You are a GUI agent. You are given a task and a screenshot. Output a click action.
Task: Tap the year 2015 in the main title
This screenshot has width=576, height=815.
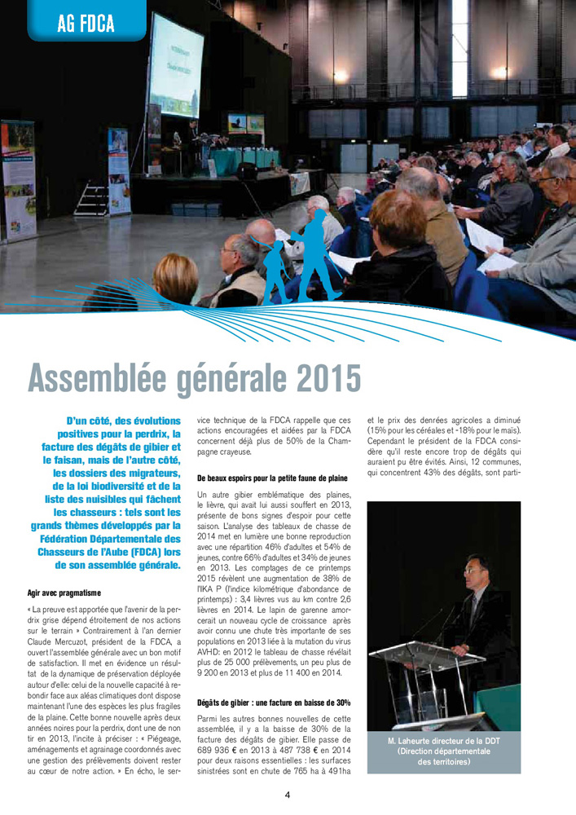pyautogui.click(x=322, y=377)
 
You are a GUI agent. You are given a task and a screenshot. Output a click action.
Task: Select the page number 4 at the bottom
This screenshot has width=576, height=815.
pyautogui.click(x=288, y=795)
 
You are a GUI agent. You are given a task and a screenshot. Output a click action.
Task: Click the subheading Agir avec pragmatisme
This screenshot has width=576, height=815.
pyautogui.click(x=64, y=592)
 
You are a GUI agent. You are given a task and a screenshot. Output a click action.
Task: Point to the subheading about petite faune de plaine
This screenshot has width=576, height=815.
pyautogui.click(x=273, y=478)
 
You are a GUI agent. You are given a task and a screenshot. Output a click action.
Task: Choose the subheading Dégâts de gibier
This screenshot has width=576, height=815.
pyautogui.click(x=274, y=703)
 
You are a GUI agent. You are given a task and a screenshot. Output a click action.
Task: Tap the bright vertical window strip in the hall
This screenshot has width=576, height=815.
pyautogui.click(x=460, y=49)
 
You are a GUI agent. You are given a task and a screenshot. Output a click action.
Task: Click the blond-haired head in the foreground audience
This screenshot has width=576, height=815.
pyautogui.click(x=174, y=277)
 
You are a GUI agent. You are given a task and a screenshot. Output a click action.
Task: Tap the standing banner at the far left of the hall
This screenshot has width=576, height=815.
pyautogui.click(x=17, y=179)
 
